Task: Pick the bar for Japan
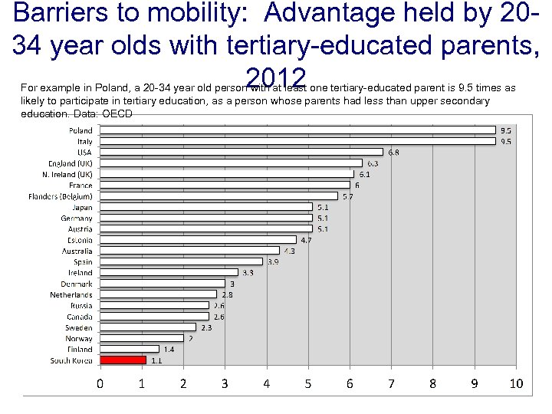pyautogui.click(x=206, y=207)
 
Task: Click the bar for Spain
pyautogui.click(x=181, y=261)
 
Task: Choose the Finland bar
pyautogui.click(x=129, y=349)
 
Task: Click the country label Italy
pyautogui.click(x=84, y=142)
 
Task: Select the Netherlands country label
pyautogui.click(x=71, y=294)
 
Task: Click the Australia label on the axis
pyautogui.click(x=77, y=251)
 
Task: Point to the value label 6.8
pyautogui.click(x=393, y=152)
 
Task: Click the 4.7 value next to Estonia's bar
pyautogui.click(x=306, y=240)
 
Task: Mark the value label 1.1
pyautogui.click(x=156, y=360)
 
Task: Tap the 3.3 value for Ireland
pyautogui.click(x=248, y=272)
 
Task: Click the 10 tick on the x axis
pyautogui.click(x=515, y=383)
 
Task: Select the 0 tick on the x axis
pyautogui.click(x=100, y=383)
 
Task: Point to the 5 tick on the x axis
pyautogui.click(x=308, y=383)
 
